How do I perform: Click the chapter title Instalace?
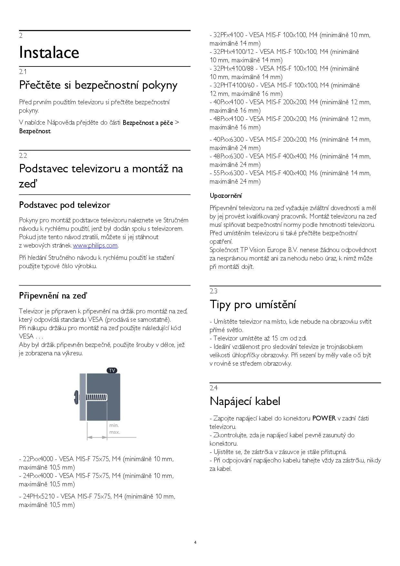[49, 53]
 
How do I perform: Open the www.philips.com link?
[95, 246]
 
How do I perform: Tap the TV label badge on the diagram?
[112, 370]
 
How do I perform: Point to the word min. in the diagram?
[114, 426]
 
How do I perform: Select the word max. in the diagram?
[115, 432]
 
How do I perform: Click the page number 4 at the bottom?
[195, 542]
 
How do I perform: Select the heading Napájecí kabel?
[245, 401]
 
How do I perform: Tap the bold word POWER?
[324, 418]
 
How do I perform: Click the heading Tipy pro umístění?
[253, 304]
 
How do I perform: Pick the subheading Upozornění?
[225, 196]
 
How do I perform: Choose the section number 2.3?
[213, 291]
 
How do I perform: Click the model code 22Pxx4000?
[38, 459]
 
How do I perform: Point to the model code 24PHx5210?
[39, 496]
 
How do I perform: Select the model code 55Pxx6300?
[229, 173]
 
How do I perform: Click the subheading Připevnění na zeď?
[53, 296]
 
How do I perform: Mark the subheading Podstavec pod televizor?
[65, 205]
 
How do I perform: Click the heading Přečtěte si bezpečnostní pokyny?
[98, 85]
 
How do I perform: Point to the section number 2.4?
[213, 388]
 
